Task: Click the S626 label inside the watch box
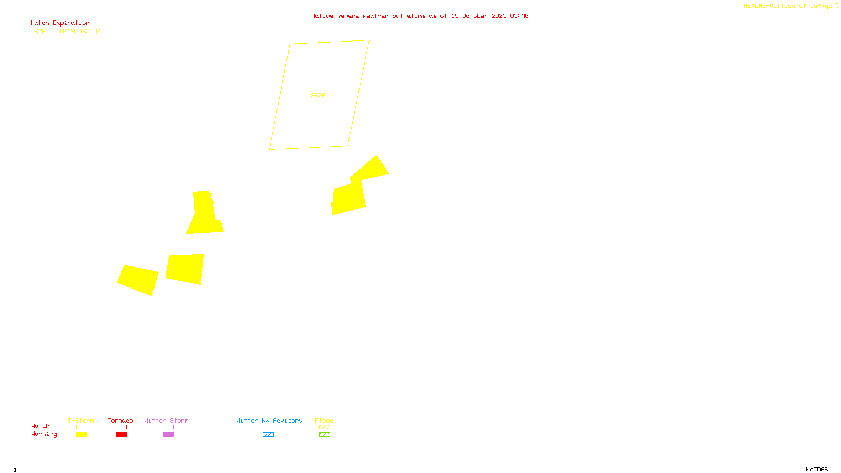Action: point(318,95)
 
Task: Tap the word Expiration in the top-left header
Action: point(71,23)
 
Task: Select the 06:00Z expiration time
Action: point(89,32)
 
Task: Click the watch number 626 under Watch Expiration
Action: point(40,32)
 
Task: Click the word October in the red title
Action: point(475,16)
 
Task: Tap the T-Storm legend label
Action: point(81,420)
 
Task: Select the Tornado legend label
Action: point(120,420)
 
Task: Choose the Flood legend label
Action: point(324,420)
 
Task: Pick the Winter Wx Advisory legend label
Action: point(269,420)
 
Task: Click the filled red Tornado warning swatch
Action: point(121,435)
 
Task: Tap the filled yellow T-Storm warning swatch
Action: point(81,435)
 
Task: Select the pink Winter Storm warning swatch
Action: point(168,435)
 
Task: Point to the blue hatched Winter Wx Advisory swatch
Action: point(268,435)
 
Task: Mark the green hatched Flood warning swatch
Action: point(324,435)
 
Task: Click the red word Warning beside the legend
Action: point(44,434)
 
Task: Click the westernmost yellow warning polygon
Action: point(138,280)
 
